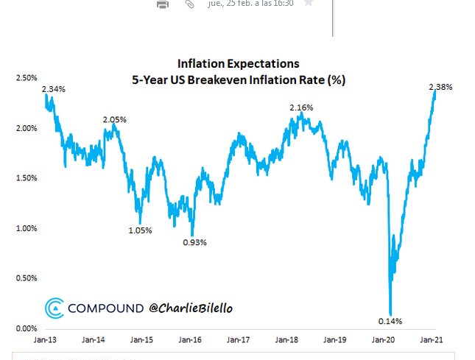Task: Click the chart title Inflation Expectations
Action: [x=237, y=64]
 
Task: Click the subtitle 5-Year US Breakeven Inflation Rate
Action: [x=237, y=80]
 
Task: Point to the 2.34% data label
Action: [x=54, y=89]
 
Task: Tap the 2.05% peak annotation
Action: [x=115, y=119]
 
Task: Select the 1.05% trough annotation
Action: [x=139, y=230]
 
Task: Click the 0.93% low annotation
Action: [x=194, y=242]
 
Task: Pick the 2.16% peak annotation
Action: [x=300, y=108]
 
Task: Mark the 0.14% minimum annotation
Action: [x=391, y=321]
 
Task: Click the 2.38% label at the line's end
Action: [x=440, y=88]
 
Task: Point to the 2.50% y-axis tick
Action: [x=26, y=77]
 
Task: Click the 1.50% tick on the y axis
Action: [x=26, y=178]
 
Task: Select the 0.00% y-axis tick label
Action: [x=26, y=328]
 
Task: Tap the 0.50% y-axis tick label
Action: [x=26, y=278]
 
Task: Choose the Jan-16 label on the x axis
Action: [x=190, y=340]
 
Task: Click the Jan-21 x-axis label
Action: [x=432, y=340]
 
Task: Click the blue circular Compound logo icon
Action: [x=54, y=308]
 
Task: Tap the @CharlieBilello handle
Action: [x=191, y=308]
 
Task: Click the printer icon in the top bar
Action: [x=163, y=4]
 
